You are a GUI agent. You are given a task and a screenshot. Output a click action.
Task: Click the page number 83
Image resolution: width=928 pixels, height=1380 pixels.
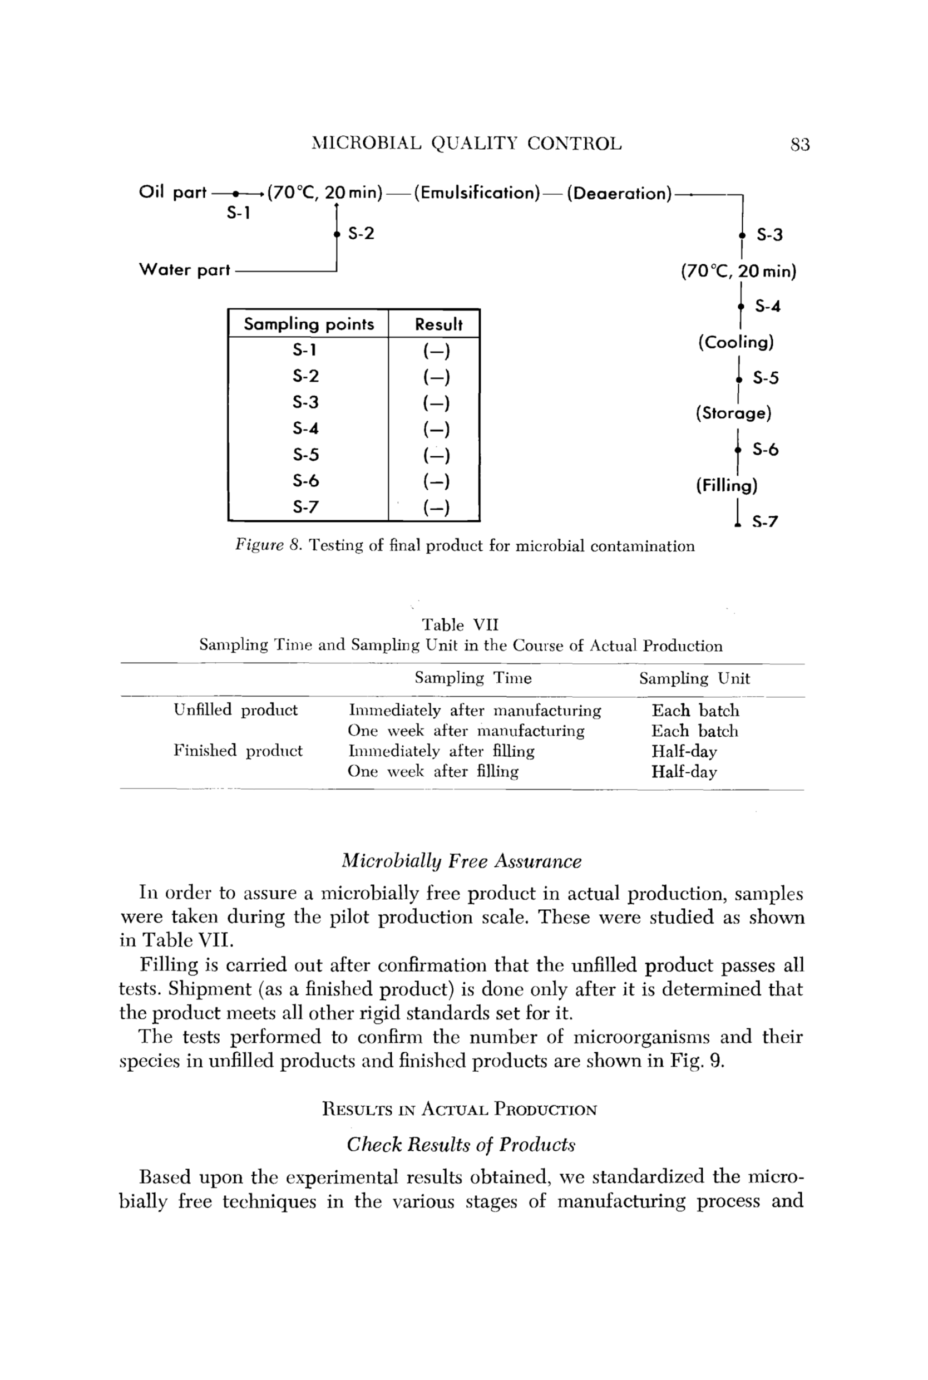click(x=799, y=144)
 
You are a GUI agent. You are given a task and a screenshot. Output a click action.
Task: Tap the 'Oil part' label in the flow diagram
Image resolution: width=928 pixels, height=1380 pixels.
click(x=172, y=193)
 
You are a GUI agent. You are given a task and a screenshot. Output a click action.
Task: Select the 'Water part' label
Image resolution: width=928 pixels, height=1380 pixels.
click(x=184, y=270)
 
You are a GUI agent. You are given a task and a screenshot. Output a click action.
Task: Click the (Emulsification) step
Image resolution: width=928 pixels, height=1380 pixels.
click(x=476, y=193)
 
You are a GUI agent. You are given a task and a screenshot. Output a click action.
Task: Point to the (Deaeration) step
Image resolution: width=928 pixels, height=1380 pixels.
click(x=619, y=194)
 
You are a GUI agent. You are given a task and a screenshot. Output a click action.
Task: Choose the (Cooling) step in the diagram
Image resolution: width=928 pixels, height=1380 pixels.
click(x=736, y=342)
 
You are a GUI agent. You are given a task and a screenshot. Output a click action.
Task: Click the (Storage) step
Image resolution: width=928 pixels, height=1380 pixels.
click(x=733, y=413)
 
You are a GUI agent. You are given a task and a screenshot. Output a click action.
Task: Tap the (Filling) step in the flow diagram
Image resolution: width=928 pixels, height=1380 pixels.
click(x=726, y=486)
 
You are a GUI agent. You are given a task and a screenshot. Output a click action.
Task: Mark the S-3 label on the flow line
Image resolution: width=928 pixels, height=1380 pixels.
click(x=769, y=235)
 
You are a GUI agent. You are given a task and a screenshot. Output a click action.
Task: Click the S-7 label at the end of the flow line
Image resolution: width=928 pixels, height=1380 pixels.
click(x=764, y=522)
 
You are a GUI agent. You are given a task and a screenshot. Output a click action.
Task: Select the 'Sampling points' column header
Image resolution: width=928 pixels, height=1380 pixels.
click(x=309, y=324)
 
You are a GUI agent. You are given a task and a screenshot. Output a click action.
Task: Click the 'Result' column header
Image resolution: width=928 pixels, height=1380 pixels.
click(x=438, y=324)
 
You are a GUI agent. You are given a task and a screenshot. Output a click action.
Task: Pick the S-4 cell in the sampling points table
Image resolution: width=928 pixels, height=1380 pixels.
click(x=305, y=428)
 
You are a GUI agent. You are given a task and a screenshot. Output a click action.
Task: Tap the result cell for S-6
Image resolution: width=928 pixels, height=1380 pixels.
click(x=436, y=481)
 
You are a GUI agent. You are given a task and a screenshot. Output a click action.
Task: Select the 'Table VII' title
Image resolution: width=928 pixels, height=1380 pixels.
click(x=460, y=625)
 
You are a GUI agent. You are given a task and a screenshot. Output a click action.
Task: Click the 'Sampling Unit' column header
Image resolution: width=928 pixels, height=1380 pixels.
click(x=694, y=678)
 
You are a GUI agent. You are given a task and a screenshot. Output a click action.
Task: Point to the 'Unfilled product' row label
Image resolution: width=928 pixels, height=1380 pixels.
click(x=235, y=710)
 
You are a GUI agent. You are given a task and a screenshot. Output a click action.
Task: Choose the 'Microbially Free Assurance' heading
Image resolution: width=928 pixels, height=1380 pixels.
click(x=462, y=861)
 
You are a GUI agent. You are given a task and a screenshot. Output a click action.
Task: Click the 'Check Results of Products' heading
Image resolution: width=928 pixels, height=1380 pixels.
click(x=461, y=1145)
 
